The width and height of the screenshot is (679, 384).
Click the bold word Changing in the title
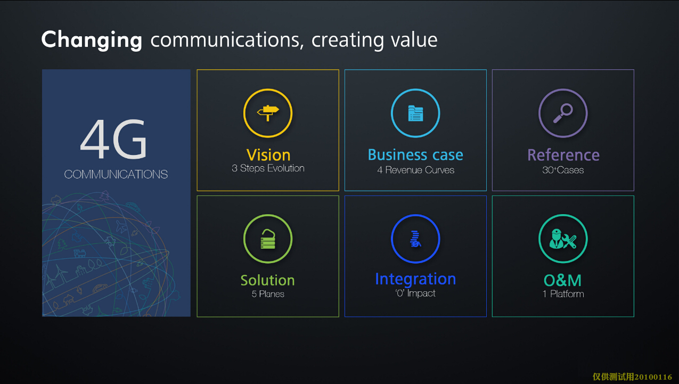92,40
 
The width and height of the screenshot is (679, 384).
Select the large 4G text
113,139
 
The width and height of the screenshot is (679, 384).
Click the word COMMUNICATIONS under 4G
116,174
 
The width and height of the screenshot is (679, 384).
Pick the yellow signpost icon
268,113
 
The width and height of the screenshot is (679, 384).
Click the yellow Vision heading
268,155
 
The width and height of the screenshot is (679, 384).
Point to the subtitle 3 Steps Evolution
268,168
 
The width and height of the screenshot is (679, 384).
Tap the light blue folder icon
415,113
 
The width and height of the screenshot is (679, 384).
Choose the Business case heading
415,155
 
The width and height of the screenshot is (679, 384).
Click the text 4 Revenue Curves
415,170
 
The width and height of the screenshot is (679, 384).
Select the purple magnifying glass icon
563,113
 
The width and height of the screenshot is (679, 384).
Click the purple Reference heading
563,155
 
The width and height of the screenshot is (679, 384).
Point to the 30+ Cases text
563,170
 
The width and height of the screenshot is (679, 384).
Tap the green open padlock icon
268,239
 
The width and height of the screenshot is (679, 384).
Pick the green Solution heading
268,280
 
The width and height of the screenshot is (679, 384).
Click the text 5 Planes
268,294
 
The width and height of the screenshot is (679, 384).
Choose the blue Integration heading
415,279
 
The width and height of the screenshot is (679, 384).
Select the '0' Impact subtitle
415,293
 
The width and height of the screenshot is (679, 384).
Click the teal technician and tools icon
563,239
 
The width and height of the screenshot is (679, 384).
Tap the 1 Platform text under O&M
563,294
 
